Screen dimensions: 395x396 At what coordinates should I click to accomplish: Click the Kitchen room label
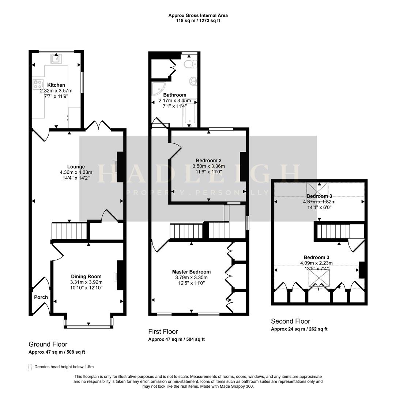tap(56, 85)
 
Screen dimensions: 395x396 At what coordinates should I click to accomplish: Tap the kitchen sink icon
tap(56, 59)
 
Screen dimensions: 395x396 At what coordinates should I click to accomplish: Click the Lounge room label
tap(76, 166)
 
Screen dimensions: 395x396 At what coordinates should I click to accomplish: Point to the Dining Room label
tap(86, 276)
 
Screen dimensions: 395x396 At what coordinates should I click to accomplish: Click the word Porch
tap(41, 297)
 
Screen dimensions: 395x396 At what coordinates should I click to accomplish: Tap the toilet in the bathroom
tap(190, 65)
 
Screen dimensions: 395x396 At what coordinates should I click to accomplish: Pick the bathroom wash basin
tap(193, 80)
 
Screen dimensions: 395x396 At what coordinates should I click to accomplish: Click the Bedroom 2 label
tap(209, 160)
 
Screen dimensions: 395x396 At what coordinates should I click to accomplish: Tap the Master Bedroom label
tap(191, 272)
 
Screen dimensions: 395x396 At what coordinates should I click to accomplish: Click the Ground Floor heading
tap(48, 344)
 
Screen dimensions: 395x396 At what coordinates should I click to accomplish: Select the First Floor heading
tap(163, 331)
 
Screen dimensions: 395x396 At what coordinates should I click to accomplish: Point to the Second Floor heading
tap(290, 321)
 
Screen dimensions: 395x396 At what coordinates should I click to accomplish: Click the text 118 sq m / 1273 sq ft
tap(198, 20)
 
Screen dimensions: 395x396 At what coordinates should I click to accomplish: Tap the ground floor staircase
tap(69, 231)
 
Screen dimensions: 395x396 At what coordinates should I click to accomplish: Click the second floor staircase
tap(333, 232)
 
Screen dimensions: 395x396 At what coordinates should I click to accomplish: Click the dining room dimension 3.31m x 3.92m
tap(86, 282)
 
